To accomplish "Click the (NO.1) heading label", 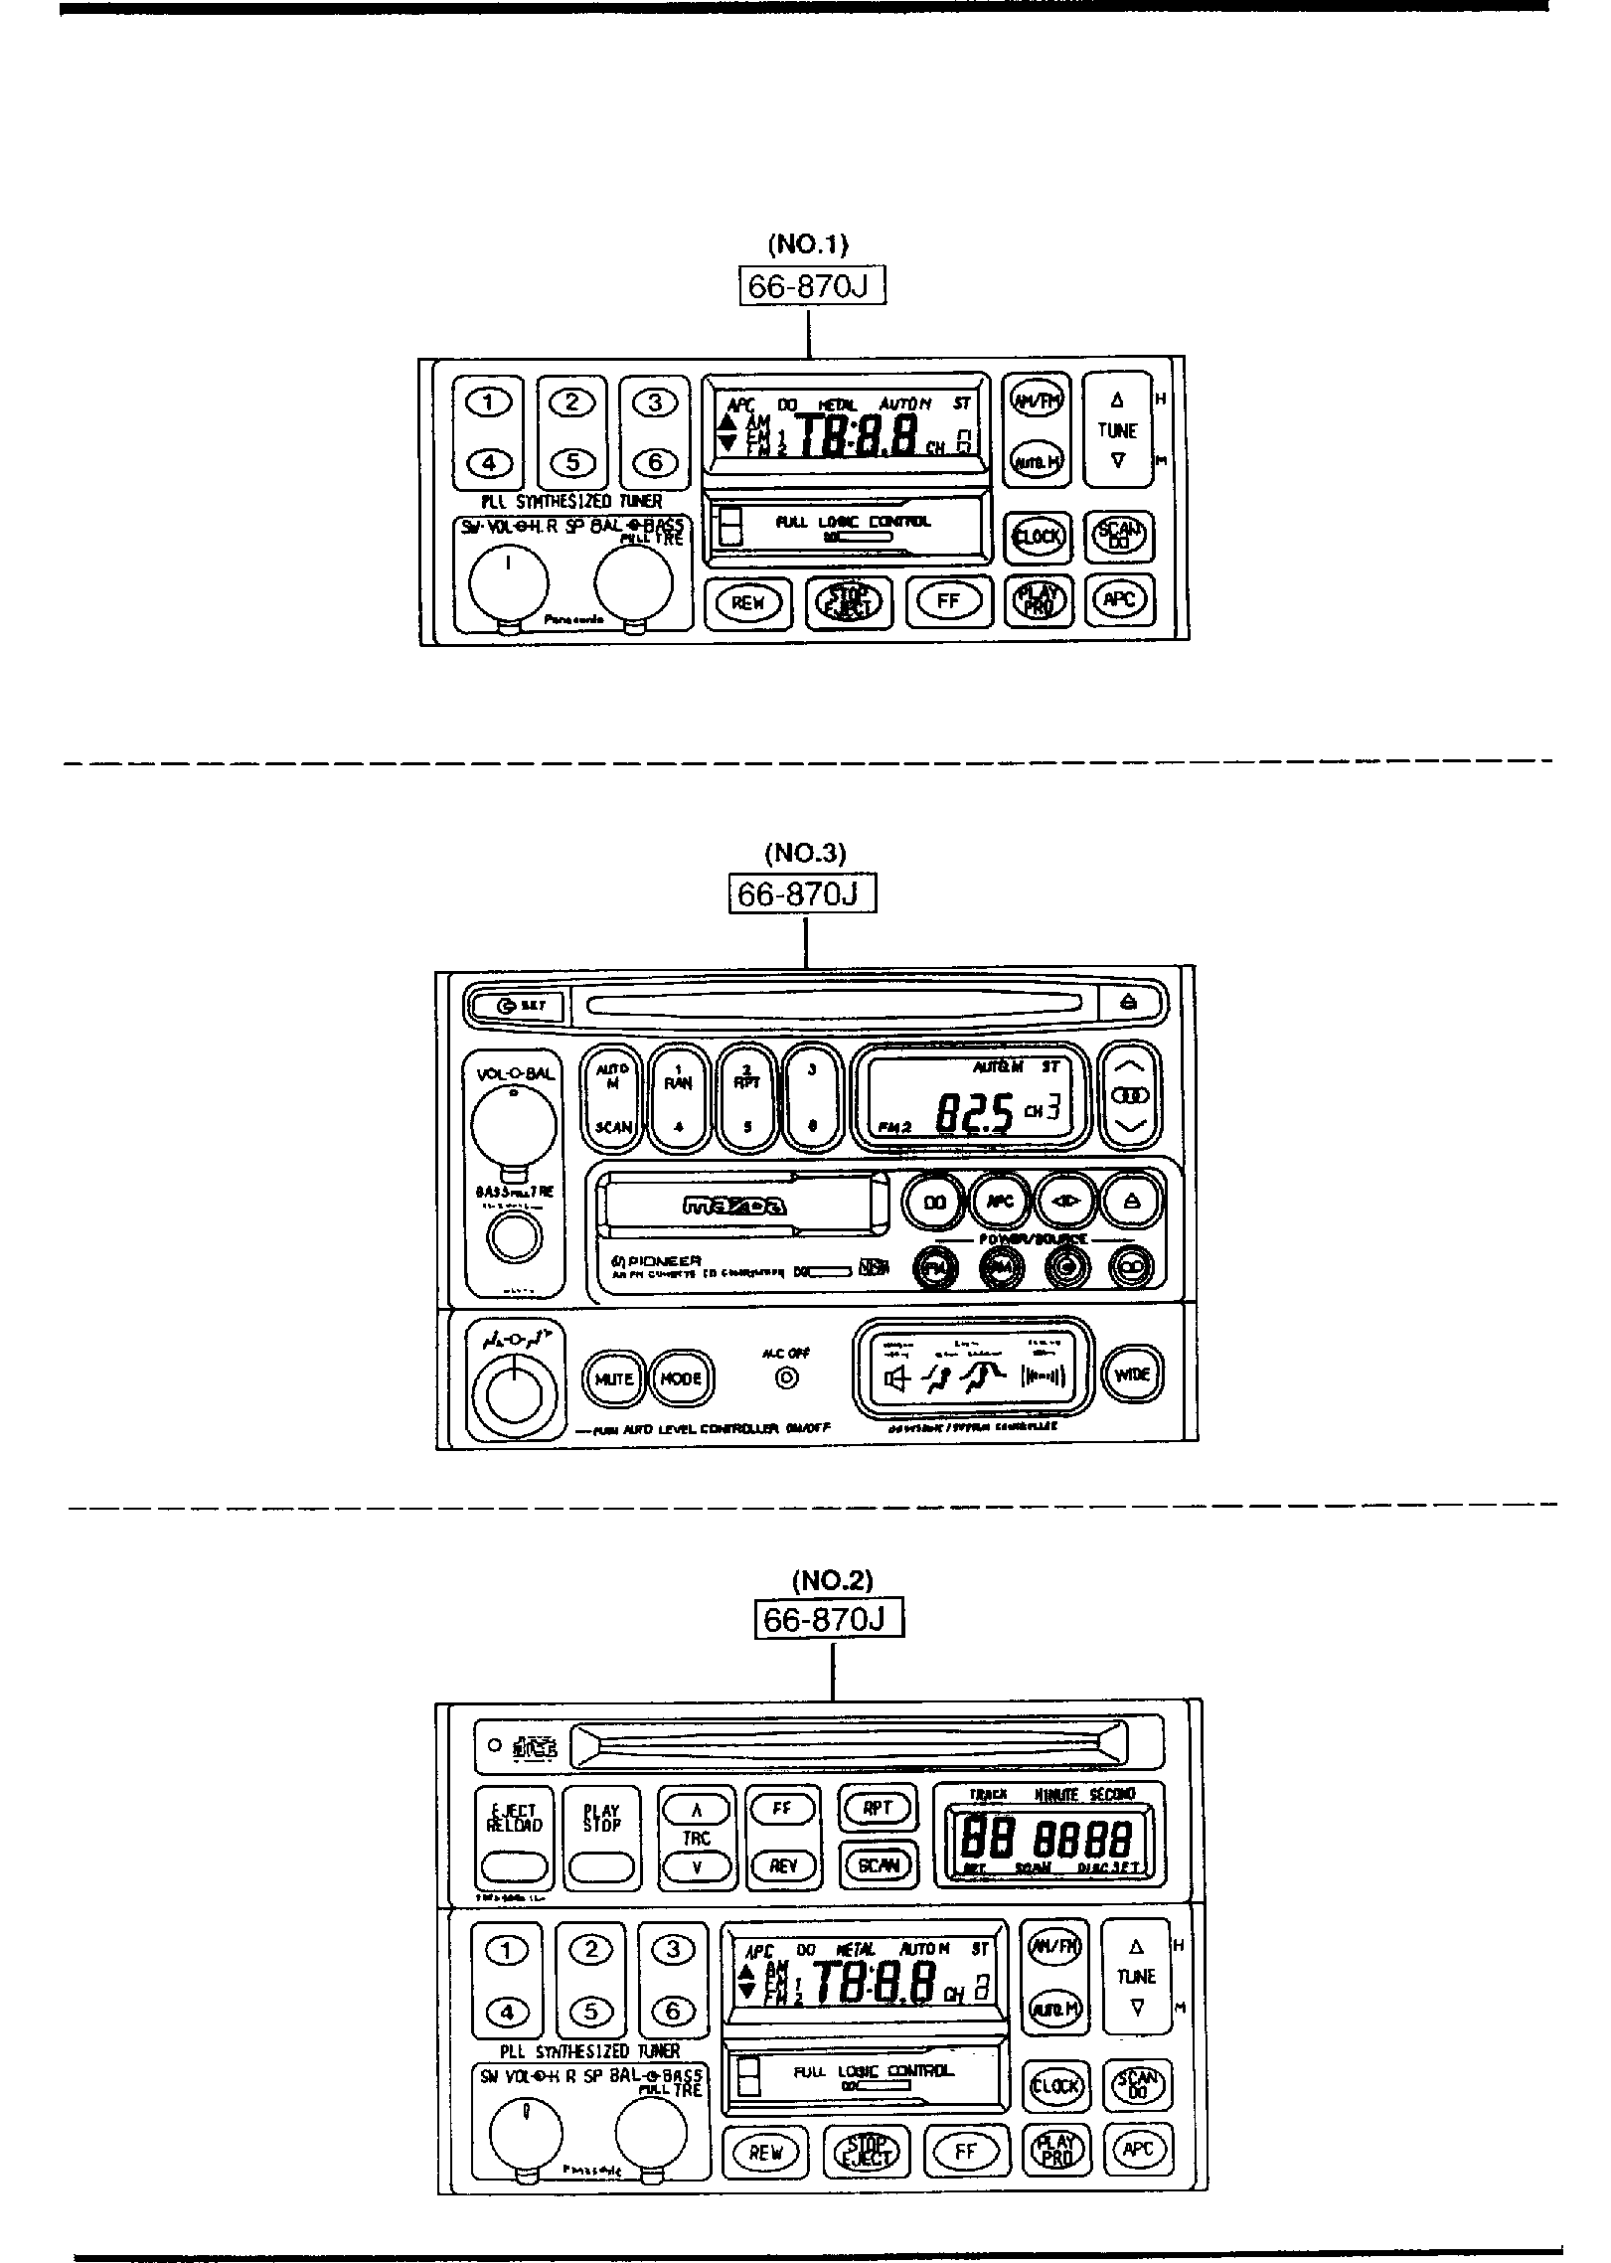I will [x=807, y=243].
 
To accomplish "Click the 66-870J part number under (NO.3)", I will [x=803, y=894].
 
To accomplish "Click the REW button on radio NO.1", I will [x=747, y=602].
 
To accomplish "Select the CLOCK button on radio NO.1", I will [x=1038, y=537].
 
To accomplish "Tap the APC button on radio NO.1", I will [x=1120, y=599].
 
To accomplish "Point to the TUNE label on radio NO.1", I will [x=1117, y=430].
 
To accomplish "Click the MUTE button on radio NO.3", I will [x=614, y=1378].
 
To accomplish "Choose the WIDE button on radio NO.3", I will [x=1132, y=1374].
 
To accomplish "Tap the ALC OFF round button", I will [x=787, y=1377].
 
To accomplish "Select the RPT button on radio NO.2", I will [x=878, y=1808].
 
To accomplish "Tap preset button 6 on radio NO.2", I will [x=673, y=2012].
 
